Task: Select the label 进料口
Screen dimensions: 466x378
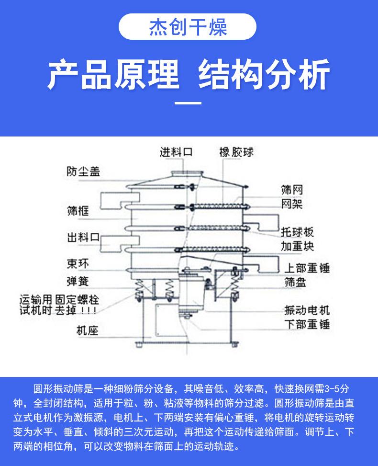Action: [x=176, y=153]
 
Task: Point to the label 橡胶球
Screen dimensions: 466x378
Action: [x=236, y=153]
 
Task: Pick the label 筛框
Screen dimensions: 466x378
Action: [x=78, y=210]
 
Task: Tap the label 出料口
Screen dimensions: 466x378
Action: [x=84, y=237]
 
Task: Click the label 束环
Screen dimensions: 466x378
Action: [x=78, y=263]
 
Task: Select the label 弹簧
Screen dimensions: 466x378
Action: [x=78, y=281]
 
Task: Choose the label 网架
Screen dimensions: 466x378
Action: [x=292, y=205]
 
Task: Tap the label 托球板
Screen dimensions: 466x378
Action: [x=297, y=232]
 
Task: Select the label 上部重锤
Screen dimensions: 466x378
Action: [x=307, y=268]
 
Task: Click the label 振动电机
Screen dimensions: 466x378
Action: [x=307, y=310]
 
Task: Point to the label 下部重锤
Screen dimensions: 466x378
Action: [x=307, y=324]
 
